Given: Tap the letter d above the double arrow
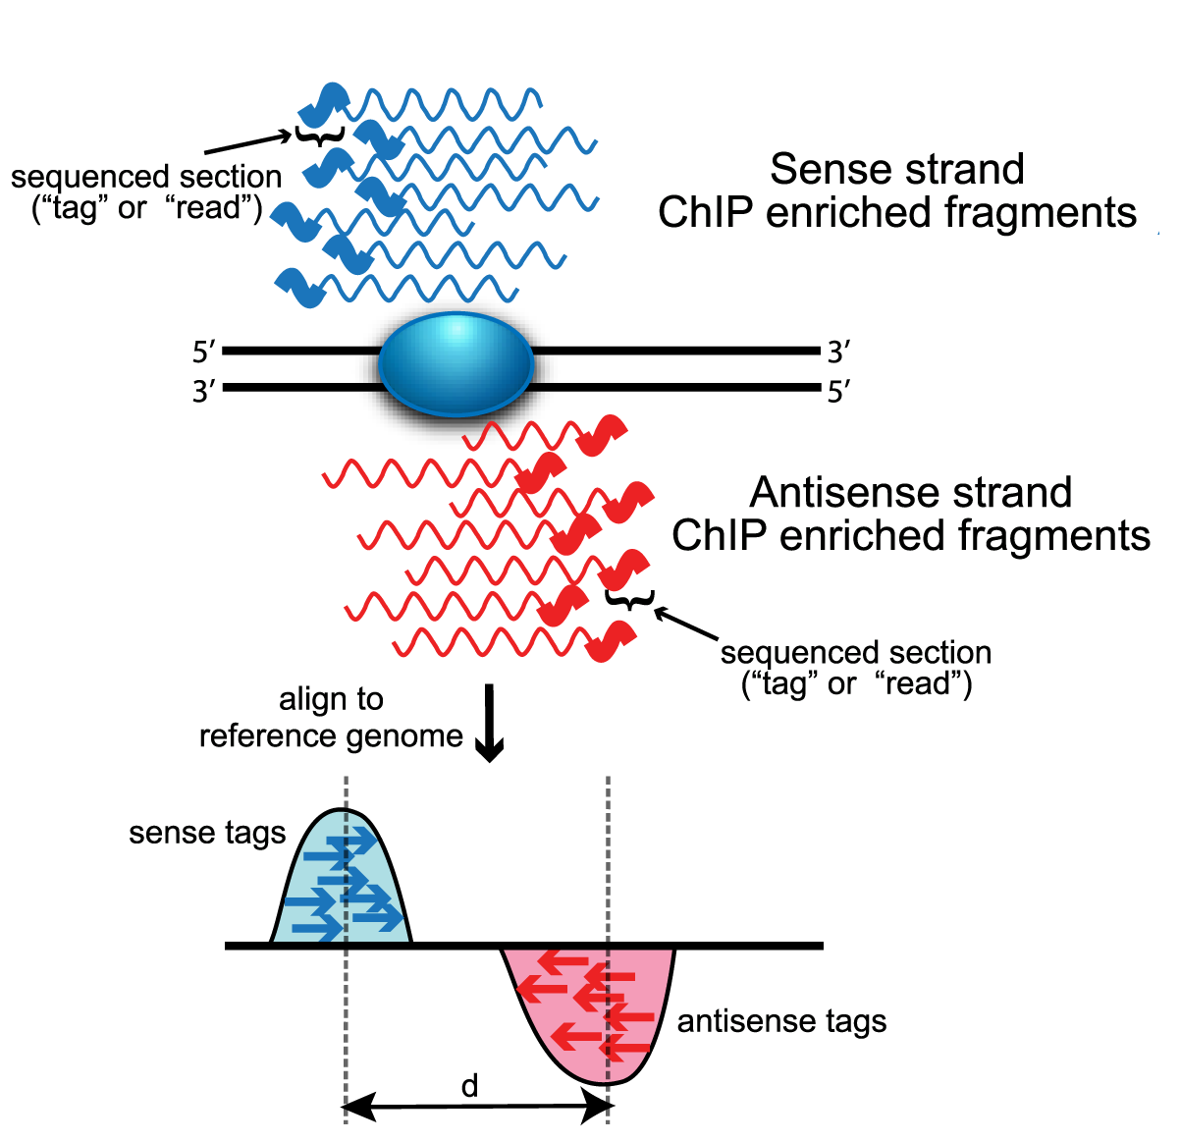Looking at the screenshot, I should [x=470, y=1086].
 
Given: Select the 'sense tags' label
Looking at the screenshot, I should [x=207, y=834].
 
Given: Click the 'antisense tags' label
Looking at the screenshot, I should [x=781, y=1022].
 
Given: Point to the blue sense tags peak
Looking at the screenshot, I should [x=341, y=884].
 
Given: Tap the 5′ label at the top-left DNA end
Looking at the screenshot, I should [x=204, y=352].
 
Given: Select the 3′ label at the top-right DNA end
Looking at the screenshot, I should [x=838, y=352].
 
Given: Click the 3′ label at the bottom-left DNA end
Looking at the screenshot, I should [x=204, y=392].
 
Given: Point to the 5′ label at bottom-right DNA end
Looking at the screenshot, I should [x=838, y=393].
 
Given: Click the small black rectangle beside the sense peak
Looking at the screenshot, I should [x=1118, y=937].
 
